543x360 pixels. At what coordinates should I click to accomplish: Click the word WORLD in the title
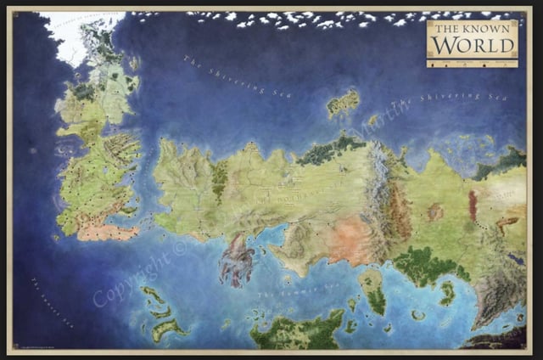click(x=471, y=44)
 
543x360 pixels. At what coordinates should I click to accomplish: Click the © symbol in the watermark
click(x=177, y=250)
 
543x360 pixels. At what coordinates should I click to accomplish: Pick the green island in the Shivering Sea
click(x=343, y=103)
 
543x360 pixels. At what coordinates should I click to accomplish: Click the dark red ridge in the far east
click(x=473, y=205)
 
